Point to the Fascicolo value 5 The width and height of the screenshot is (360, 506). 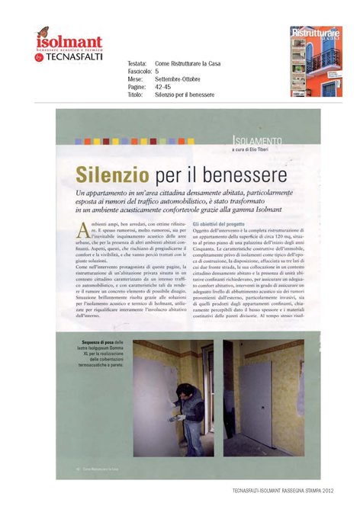click(x=156, y=74)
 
